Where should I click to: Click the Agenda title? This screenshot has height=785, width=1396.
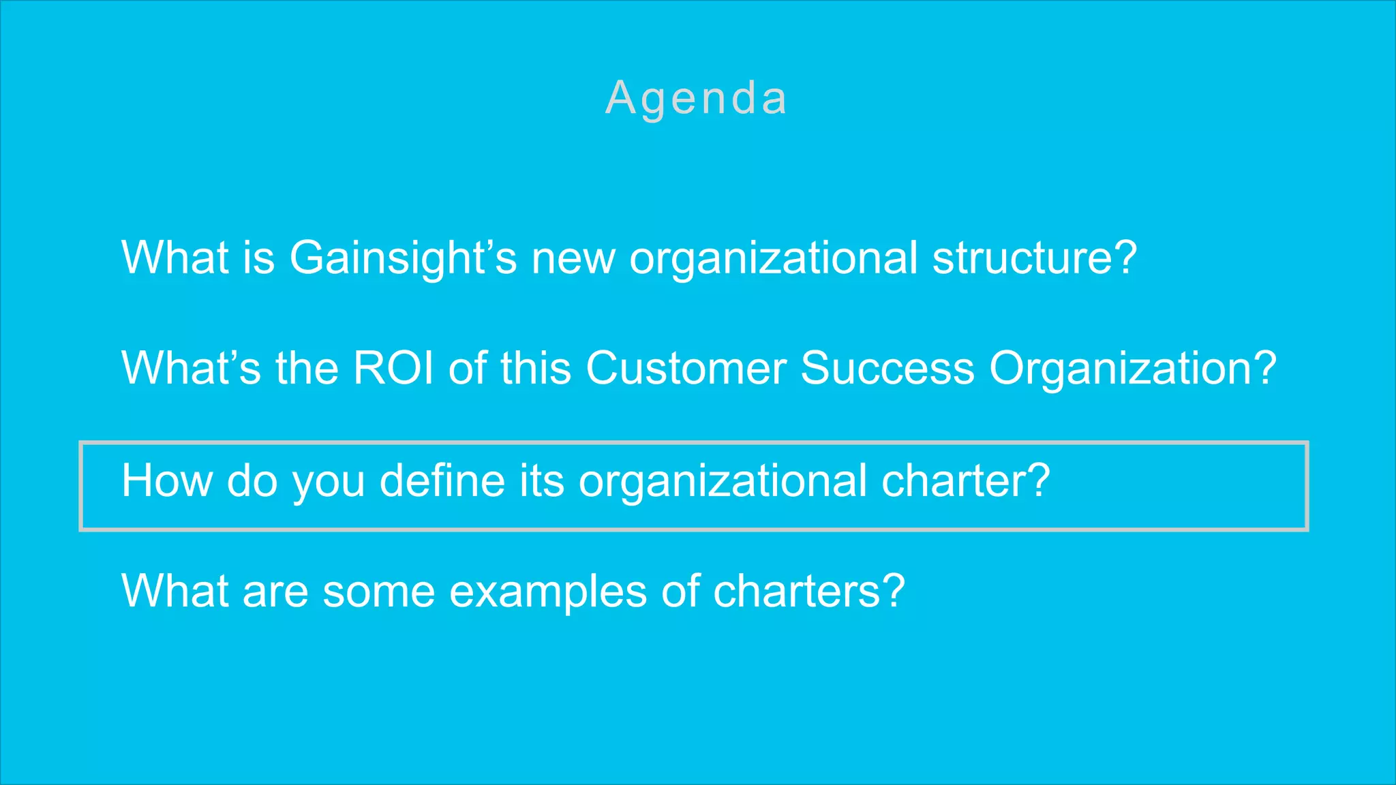click(x=697, y=98)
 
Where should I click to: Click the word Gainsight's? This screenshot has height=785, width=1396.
click(x=403, y=258)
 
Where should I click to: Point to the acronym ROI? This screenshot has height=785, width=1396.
click(x=393, y=369)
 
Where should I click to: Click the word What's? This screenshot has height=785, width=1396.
click(x=191, y=369)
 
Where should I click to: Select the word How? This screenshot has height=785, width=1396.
click(x=167, y=481)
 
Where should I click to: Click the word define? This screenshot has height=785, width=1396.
click(x=442, y=481)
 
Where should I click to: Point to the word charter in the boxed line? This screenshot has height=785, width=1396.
click(x=954, y=481)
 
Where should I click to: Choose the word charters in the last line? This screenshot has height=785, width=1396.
click(x=797, y=591)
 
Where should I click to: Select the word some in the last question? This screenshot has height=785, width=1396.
click(x=379, y=591)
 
